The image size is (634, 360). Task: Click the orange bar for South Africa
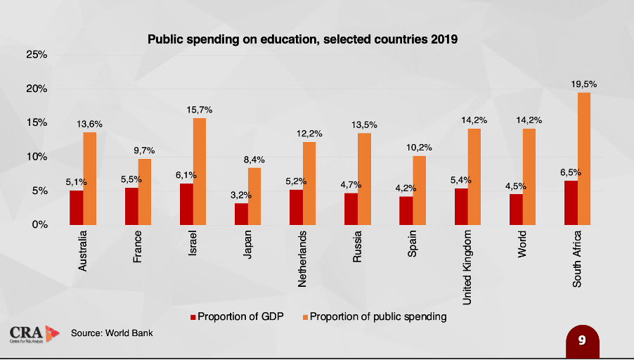coord(583,158)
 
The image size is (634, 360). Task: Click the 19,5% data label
coord(583,84)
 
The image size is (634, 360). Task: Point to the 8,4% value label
coord(254,160)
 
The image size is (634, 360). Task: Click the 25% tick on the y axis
coord(37,55)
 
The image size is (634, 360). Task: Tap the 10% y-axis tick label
coord(37,157)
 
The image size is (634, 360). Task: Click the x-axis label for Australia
coord(83,252)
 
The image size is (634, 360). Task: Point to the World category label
coord(522,243)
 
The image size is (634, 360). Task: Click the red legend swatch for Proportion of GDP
coord(193,316)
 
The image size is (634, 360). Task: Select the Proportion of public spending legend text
coord(378,316)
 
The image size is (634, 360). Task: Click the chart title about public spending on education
coord(302,39)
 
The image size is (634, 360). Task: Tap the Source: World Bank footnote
coord(112,333)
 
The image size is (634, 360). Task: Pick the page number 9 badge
coord(582,340)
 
